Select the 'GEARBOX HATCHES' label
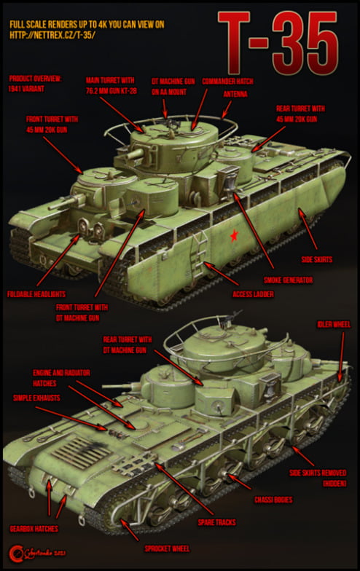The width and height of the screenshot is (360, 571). pos(34,527)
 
